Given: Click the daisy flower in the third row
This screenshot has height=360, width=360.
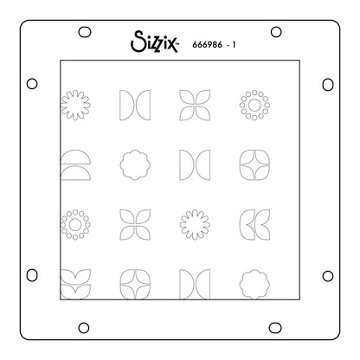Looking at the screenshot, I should click(x=190, y=222).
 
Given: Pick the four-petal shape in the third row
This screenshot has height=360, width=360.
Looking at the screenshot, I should click(x=132, y=222).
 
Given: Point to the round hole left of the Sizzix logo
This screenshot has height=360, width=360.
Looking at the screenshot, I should click(x=87, y=32).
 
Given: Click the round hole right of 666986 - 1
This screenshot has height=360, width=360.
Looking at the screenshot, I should click(x=275, y=32).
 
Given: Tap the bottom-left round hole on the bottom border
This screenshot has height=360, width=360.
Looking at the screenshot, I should click(x=87, y=327).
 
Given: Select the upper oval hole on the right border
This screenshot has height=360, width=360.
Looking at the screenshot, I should click(x=328, y=84).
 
